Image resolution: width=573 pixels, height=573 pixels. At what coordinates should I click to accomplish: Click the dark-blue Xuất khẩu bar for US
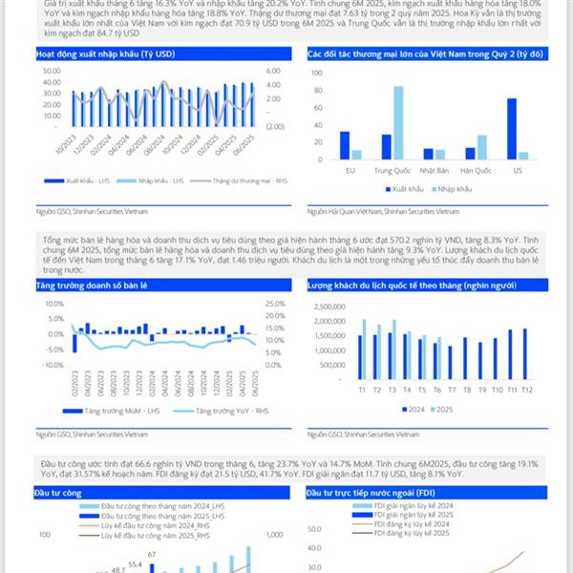(512, 128)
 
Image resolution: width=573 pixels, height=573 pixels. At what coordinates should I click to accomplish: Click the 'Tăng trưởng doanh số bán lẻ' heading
(88, 286)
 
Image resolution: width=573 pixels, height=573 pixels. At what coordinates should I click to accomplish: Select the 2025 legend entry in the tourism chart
(440, 411)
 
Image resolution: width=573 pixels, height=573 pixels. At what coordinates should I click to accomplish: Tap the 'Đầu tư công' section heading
(55, 494)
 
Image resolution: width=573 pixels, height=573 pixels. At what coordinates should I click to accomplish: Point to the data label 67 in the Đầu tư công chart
(152, 553)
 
